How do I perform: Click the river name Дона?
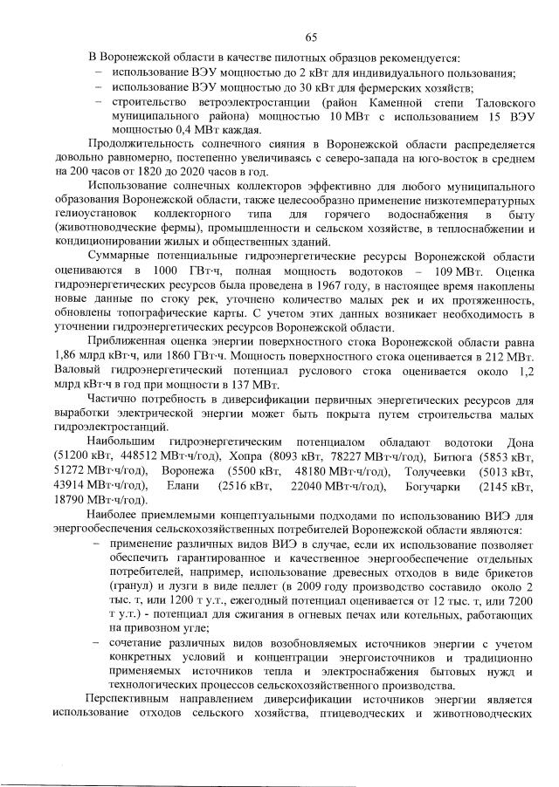pos(517,442)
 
